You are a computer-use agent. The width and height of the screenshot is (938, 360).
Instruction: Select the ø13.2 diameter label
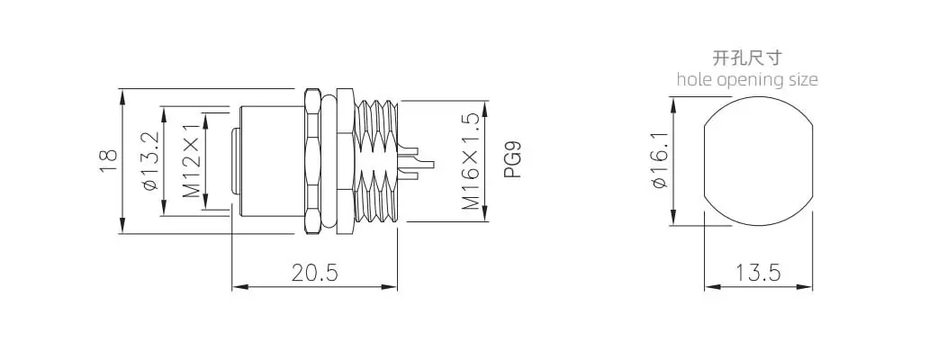150,162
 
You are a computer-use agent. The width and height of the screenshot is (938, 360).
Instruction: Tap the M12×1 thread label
192,162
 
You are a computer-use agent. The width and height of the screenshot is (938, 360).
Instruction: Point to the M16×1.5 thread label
470,162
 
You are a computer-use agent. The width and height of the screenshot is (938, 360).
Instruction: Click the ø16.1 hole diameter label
658,162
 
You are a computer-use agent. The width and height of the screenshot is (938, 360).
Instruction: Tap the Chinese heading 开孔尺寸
747,58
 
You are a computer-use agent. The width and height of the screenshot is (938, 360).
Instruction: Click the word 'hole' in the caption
693,79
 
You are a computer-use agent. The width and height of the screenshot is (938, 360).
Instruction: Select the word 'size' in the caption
801,79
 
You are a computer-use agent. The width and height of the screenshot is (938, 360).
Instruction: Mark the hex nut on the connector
313,162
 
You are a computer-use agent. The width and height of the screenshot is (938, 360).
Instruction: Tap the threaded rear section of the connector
375,162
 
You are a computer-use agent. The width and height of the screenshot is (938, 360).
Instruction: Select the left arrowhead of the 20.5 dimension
239,287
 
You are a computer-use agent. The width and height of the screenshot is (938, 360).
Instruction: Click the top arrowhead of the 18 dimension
122,94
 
